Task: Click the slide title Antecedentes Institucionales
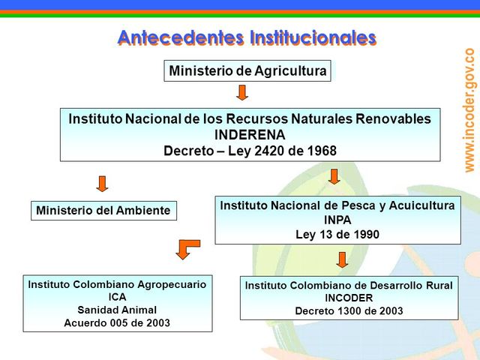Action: pos(247,37)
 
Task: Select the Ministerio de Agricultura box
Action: pos(247,71)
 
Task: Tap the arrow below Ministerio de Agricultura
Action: pos(241,92)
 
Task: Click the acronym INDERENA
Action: pos(250,134)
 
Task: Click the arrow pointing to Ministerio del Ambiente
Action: pos(103,183)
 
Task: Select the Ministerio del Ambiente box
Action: pos(103,211)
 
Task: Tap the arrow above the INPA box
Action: pos(334,176)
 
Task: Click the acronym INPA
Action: pos(337,220)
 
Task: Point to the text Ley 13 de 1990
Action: pos(337,234)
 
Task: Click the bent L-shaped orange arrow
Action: pos(187,248)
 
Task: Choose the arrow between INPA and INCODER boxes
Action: pos(342,259)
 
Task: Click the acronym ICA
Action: pos(117,297)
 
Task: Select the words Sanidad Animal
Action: pos(117,310)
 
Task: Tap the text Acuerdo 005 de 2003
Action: pos(117,323)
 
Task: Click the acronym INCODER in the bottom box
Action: pos(349,298)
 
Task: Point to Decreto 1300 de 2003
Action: pos(349,311)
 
